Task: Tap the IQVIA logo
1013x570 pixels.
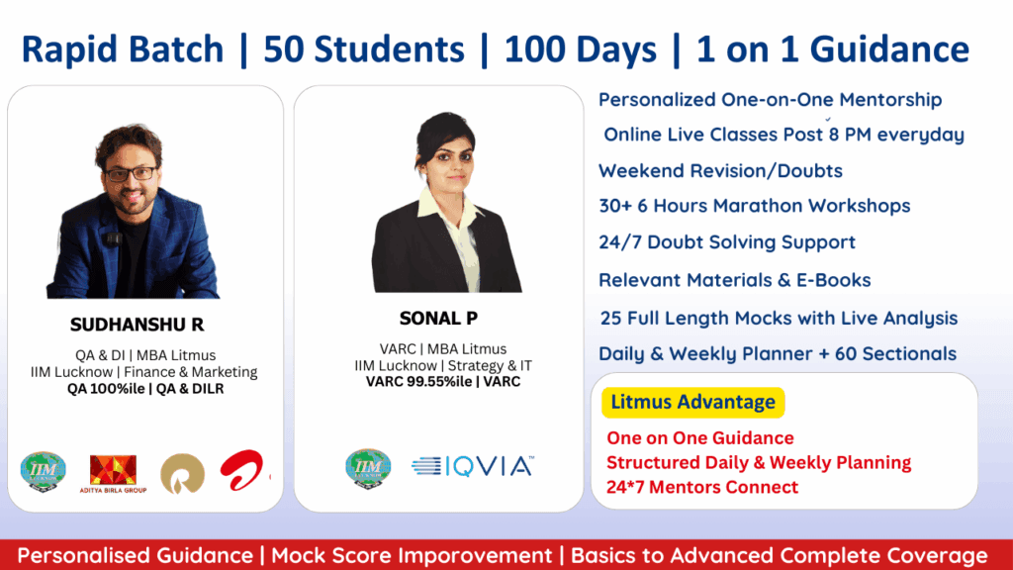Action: coord(472,466)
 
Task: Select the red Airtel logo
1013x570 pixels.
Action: coord(243,470)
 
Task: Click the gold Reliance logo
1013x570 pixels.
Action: coord(183,474)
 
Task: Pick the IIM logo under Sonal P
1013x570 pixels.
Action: coord(368,468)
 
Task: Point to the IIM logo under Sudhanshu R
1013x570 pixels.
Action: coord(44,472)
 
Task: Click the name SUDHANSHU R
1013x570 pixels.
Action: coord(137,325)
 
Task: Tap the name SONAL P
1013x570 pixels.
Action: coord(438,318)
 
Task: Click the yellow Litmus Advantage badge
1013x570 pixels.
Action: coord(693,402)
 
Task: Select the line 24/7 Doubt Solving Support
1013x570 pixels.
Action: coord(727,242)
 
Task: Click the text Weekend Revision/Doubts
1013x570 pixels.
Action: coord(720,170)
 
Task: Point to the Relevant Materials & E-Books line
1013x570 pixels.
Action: coord(735,280)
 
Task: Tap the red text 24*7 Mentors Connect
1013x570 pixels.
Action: coord(702,487)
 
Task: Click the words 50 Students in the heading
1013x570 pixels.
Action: coord(364,49)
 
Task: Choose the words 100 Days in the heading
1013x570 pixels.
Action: coord(580,49)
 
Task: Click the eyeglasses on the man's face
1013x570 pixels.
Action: coord(131,174)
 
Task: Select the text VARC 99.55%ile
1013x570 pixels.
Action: coord(418,382)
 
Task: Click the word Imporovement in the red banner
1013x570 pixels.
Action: coord(475,556)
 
